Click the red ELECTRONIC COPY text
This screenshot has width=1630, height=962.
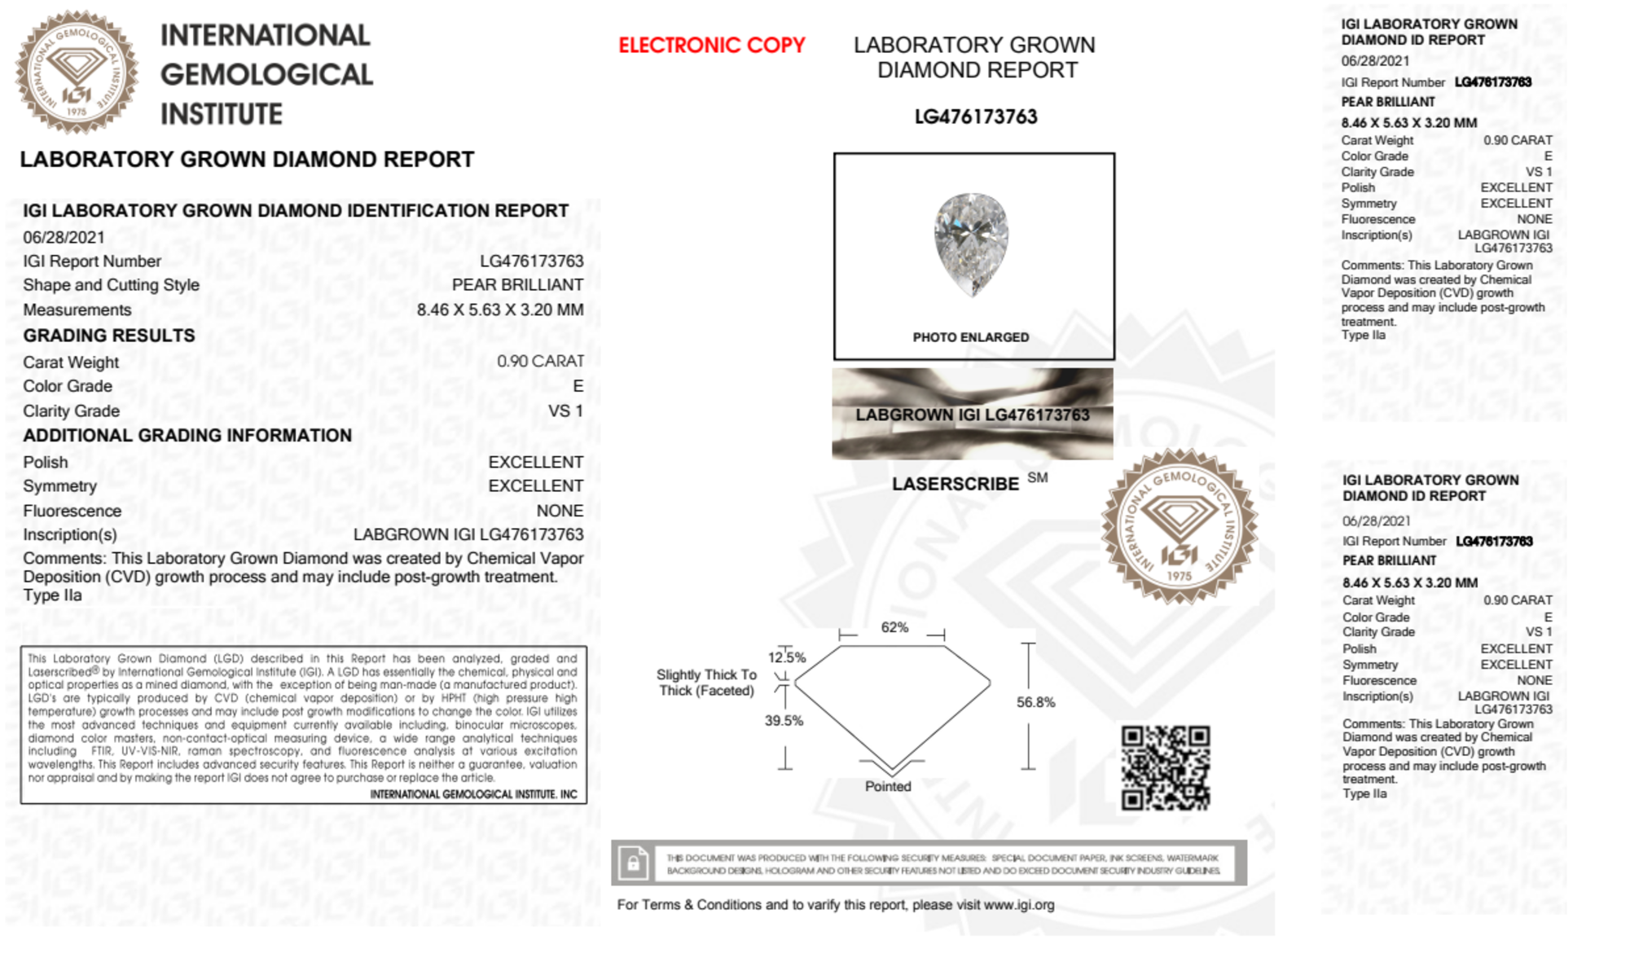(x=711, y=46)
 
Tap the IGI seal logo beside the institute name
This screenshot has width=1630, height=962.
(x=77, y=72)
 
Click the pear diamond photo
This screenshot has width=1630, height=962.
(x=971, y=244)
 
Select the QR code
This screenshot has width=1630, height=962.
(x=1165, y=768)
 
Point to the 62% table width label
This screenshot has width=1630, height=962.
(x=894, y=627)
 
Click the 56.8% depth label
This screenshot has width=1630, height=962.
(x=1035, y=702)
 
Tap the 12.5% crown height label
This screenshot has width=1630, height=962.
(x=786, y=657)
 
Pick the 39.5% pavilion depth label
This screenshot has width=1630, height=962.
(x=784, y=720)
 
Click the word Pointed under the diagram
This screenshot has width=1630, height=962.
(x=888, y=786)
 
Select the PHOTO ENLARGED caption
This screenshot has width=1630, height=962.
(x=970, y=337)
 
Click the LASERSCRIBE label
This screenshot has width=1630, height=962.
(x=955, y=484)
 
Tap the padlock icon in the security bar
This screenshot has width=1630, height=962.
(x=633, y=863)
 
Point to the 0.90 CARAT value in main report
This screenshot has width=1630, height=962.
(x=540, y=361)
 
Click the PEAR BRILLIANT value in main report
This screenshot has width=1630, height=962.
(x=517, y=285)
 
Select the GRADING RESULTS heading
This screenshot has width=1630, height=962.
(x=109, y=336)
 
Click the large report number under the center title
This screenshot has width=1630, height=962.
(x=975, y=117)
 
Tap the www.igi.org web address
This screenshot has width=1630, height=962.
(x=1018, y=905)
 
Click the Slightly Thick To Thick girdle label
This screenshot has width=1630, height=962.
(x=706, y=683)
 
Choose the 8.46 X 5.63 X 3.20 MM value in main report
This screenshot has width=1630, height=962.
(x=499, y=310)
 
